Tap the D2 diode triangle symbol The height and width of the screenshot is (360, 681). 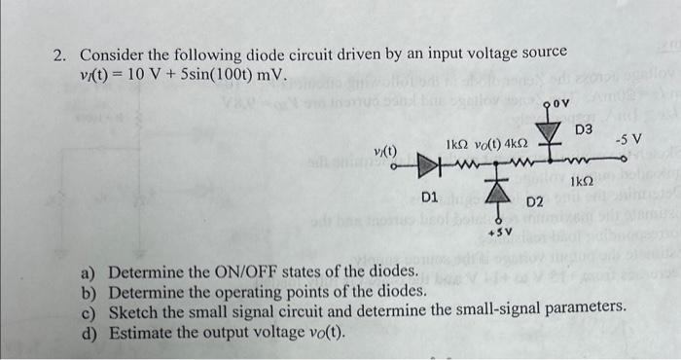coord(498,194)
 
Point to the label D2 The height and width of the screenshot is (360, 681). coord(534,202)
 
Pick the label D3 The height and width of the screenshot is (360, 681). coord(585,128)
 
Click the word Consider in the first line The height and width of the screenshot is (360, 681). coord(115,55)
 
